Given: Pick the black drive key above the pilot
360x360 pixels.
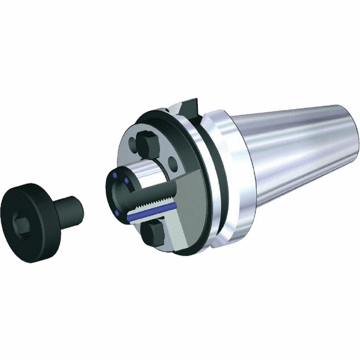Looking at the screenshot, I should click(x=147, y=144).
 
